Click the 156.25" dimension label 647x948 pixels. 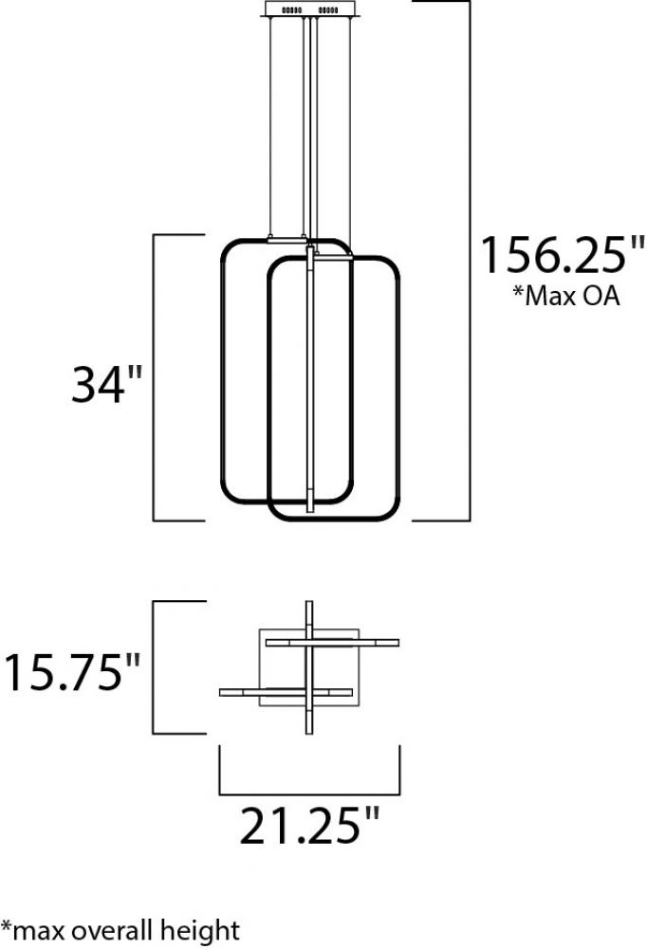(x=563, y=254)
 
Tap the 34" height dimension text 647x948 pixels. (x=106, y=385)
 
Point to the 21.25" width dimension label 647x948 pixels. (x=309, y=826)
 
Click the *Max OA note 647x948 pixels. (x=566, y=296)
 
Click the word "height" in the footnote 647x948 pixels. (x=200, y=931)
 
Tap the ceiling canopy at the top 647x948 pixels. (x=311, y=9)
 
